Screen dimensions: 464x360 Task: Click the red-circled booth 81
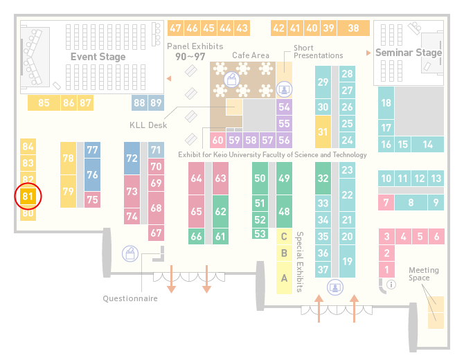tap(28, 197)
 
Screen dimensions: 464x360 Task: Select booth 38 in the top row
tap(354, 28)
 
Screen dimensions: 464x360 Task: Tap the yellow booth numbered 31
tap(323, 132)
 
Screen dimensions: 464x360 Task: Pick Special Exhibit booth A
tap(284, 278)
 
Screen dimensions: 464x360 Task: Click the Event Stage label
tap(98, 57)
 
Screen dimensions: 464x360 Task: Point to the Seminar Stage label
tap(409, 53)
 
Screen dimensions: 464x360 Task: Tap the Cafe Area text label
tap(251, 55)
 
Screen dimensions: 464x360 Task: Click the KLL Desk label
tap(148, 125)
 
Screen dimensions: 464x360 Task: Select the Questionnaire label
tap(130, 298)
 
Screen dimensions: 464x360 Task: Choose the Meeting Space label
tap(423, 274)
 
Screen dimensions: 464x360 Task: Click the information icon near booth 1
tap(391, 285)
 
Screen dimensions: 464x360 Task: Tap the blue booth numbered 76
tap(92, 175)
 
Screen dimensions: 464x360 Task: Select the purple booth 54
tap(284, 107)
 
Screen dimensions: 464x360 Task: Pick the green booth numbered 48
tap(284, 212)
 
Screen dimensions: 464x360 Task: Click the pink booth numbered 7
tap(386, 203)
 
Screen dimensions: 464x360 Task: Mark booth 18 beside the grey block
tap(386, 103)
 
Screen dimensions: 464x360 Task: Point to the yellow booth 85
tap(44, 103)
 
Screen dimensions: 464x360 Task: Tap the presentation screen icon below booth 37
tap(335, 287)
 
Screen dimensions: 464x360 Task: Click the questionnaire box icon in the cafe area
tap(232, 80)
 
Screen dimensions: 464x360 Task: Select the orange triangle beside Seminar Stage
tap(368, 53)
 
